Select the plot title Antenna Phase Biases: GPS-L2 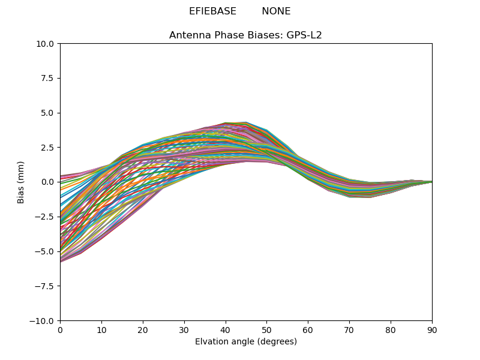(245, 35)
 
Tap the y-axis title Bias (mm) (21, 182)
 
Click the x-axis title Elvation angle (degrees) (245, 342)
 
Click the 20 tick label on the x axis (143, 330)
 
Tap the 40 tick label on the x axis (225, 330)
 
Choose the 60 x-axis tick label (308, 330)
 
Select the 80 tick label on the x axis (391, 330)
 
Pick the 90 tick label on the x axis (432, 330)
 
